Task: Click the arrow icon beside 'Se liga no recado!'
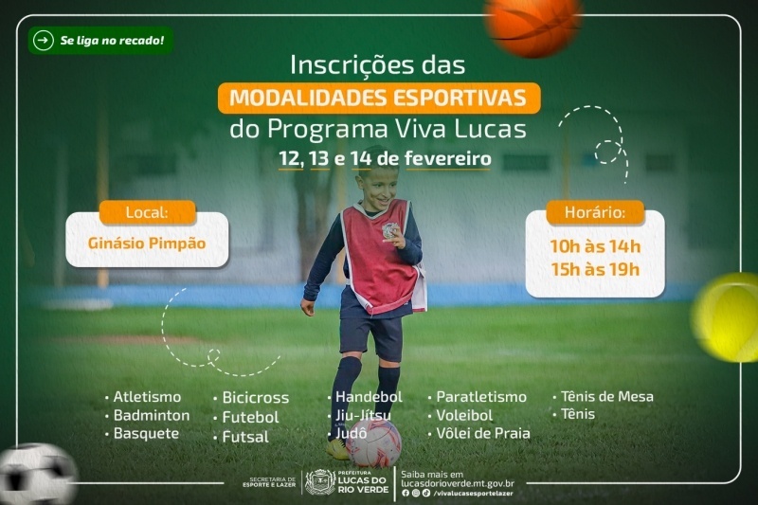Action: (43, 41)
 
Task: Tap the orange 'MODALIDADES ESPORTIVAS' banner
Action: (379, 99)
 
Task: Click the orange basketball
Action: (533, 25)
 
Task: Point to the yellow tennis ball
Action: (727, 316)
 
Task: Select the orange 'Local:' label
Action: (148, 212)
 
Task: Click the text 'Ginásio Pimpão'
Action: (147, 243)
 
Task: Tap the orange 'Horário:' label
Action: (595, 212)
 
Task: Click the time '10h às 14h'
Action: (595, 246)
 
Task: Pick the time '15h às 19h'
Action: (595, 270)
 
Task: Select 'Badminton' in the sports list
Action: (152, 415)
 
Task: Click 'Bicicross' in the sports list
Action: (255, 398)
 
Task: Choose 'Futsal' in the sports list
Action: (245, 437)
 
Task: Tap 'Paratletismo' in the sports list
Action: (481, 397)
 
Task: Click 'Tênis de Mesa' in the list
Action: (606, 396)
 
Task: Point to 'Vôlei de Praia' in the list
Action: (483, 433)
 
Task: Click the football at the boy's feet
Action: (373, 443)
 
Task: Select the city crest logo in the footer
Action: (320, 483)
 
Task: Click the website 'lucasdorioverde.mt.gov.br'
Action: (458, 484)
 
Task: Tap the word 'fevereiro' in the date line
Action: (447, 158)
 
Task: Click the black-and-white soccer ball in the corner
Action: (37, 475)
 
